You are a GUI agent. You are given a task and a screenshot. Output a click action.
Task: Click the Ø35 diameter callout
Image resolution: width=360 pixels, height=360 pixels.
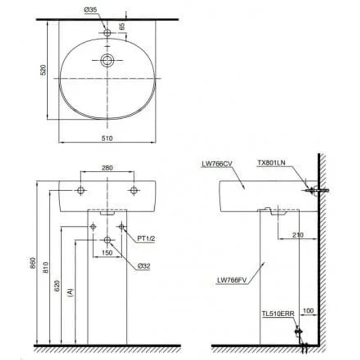click(90, 10)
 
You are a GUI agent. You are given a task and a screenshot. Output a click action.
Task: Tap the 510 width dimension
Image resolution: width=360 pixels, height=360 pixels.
click(107, 138)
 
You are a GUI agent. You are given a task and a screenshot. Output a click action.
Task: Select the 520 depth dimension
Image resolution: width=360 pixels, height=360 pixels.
click(43, 70)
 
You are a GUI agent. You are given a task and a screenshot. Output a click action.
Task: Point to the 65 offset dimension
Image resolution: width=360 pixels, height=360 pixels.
click(122, 26)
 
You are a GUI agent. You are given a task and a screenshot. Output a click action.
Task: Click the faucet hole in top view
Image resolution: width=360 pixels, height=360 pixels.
click(107, 32)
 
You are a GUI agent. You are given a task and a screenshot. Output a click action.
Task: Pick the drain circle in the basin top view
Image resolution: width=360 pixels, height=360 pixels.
click(107, 60)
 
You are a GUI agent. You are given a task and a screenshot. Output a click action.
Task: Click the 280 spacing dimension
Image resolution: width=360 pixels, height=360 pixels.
click(107, 168)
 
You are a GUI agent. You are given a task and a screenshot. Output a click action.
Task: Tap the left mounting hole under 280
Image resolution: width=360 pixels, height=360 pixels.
click(81, 190)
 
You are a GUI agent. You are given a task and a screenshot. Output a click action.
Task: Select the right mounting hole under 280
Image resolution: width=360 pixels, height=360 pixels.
click(134, 190)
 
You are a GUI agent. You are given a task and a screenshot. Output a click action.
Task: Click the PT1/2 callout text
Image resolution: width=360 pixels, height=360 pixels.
click(146, 238)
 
